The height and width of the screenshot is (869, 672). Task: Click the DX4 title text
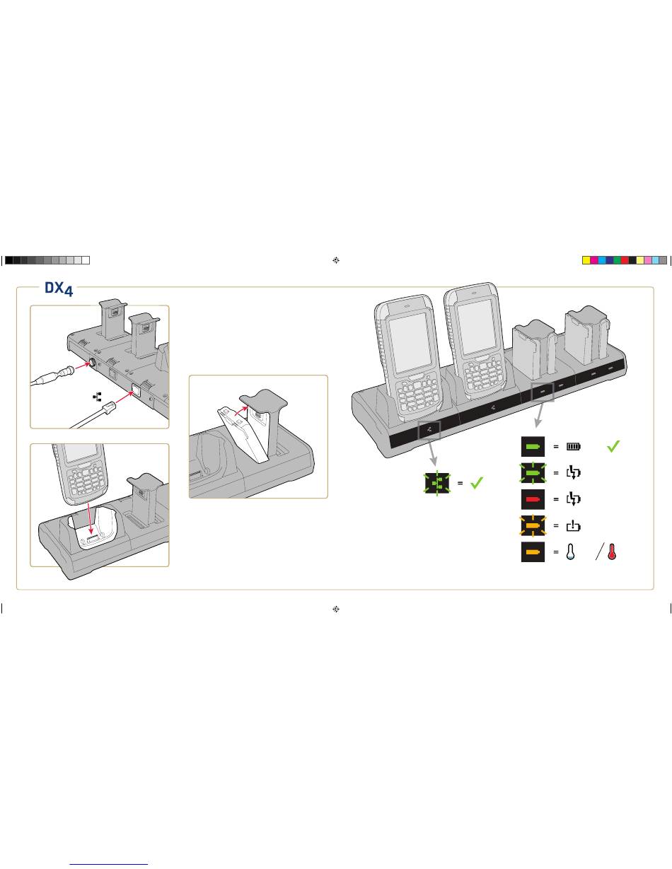(59, 288)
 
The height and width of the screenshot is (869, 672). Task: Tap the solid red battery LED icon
(533, 499)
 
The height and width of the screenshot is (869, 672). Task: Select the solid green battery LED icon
(533, 446)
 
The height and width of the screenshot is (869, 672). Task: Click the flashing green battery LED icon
(533, 473)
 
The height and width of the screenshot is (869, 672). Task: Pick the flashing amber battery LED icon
(533, 525)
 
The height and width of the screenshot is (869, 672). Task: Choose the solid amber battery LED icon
(533, 552)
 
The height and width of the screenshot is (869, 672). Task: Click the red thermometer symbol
(612, 552)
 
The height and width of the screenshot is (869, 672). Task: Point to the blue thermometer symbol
(570, 552)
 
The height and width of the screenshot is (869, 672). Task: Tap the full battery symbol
(573, 446)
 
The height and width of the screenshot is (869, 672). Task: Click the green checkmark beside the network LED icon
(477, 483)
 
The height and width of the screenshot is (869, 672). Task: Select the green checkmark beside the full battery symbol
(613, 446)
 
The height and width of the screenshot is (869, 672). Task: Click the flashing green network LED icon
(437, 483)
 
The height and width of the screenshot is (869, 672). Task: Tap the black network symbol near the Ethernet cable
(97, 397)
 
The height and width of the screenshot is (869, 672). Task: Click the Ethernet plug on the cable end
(108, 409)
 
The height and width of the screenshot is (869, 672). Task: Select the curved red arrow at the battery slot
(241, 411)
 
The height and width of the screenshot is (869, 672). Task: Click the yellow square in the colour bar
(586, 260)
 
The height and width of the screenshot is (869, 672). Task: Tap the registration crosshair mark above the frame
(336, 260)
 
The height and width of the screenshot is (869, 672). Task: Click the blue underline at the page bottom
(108, 864)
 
